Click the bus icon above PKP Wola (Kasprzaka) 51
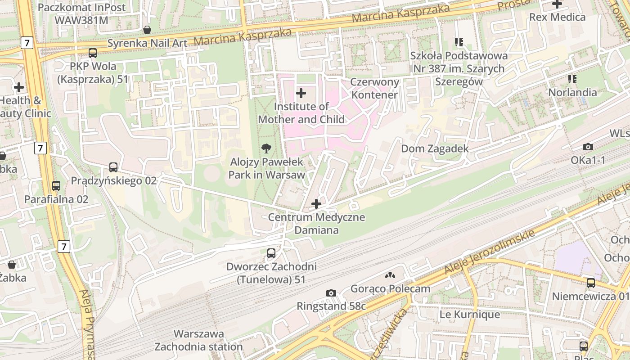click(93, 53)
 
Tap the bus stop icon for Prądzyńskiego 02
click(113, 167)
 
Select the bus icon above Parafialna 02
click(56, 185)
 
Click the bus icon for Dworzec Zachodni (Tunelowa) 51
click(271, 253)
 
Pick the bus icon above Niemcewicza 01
click(590, 283)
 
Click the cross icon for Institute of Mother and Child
click(301, 93)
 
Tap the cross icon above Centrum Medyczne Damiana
click(316, 204)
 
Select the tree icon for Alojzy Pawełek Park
click(266, 148)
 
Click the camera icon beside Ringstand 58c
click(331, 293)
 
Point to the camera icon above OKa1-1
click(588, 147)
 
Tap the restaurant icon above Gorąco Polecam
click(390, 275)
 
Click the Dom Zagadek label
click(435, 148)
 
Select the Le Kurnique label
click(469, 314)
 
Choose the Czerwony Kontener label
click(375, 88)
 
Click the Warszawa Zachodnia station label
click(199, 341)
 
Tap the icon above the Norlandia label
click(572, 79)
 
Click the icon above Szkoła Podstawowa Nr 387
click(459, 42)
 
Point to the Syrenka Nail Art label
click(147, 43)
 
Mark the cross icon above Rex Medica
click(557, 4)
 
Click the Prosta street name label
click(514, 4)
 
